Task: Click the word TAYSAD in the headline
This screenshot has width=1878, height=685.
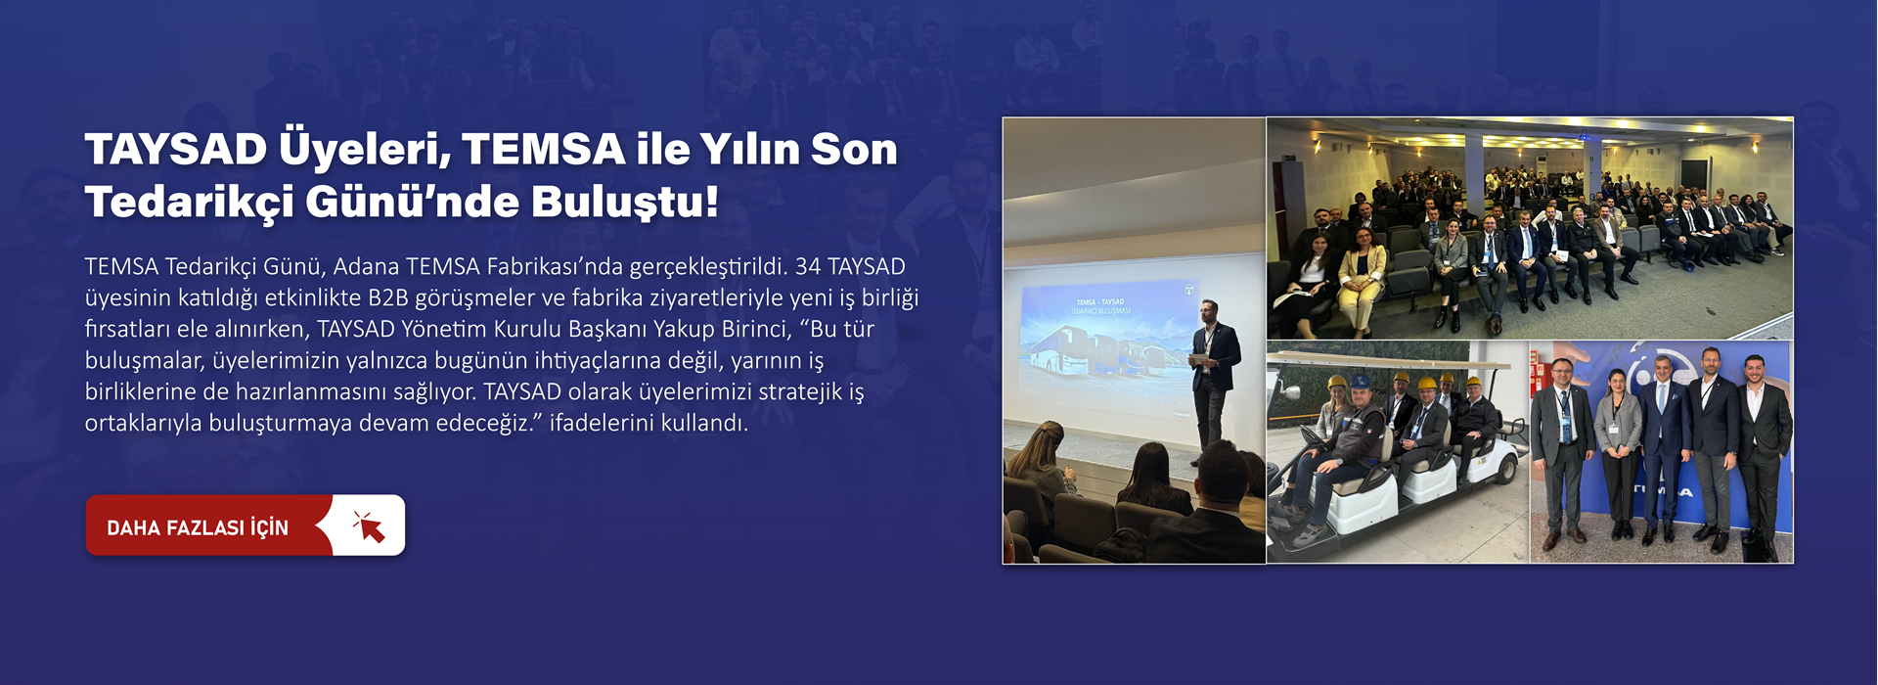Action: click(x=176, y=150)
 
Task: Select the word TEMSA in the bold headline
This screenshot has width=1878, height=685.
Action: click(x=543, y=150)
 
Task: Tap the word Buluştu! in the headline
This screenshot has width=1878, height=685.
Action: click(x=625, y=203)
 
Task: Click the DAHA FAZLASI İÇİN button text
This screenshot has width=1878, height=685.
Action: click(x=198, y=527)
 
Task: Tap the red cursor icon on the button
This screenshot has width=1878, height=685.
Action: click(x=369, y=526)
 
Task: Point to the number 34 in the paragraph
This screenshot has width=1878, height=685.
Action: click(x=807, y=266)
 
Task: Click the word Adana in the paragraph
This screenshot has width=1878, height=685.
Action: click(x=365, y=266)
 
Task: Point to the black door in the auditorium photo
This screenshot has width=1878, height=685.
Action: click(x=1695, y=177)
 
